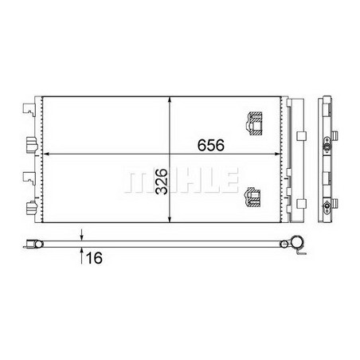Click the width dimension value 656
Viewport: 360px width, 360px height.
211,145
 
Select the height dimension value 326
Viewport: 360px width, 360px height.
162,182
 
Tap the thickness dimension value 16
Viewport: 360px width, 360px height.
94,258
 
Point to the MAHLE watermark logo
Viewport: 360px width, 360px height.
181,181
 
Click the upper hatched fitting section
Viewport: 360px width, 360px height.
255,123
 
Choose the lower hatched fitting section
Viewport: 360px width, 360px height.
252,198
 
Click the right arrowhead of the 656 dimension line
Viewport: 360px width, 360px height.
277,154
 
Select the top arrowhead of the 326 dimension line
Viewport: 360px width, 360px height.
170,100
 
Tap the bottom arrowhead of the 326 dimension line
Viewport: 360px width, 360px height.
170,218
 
